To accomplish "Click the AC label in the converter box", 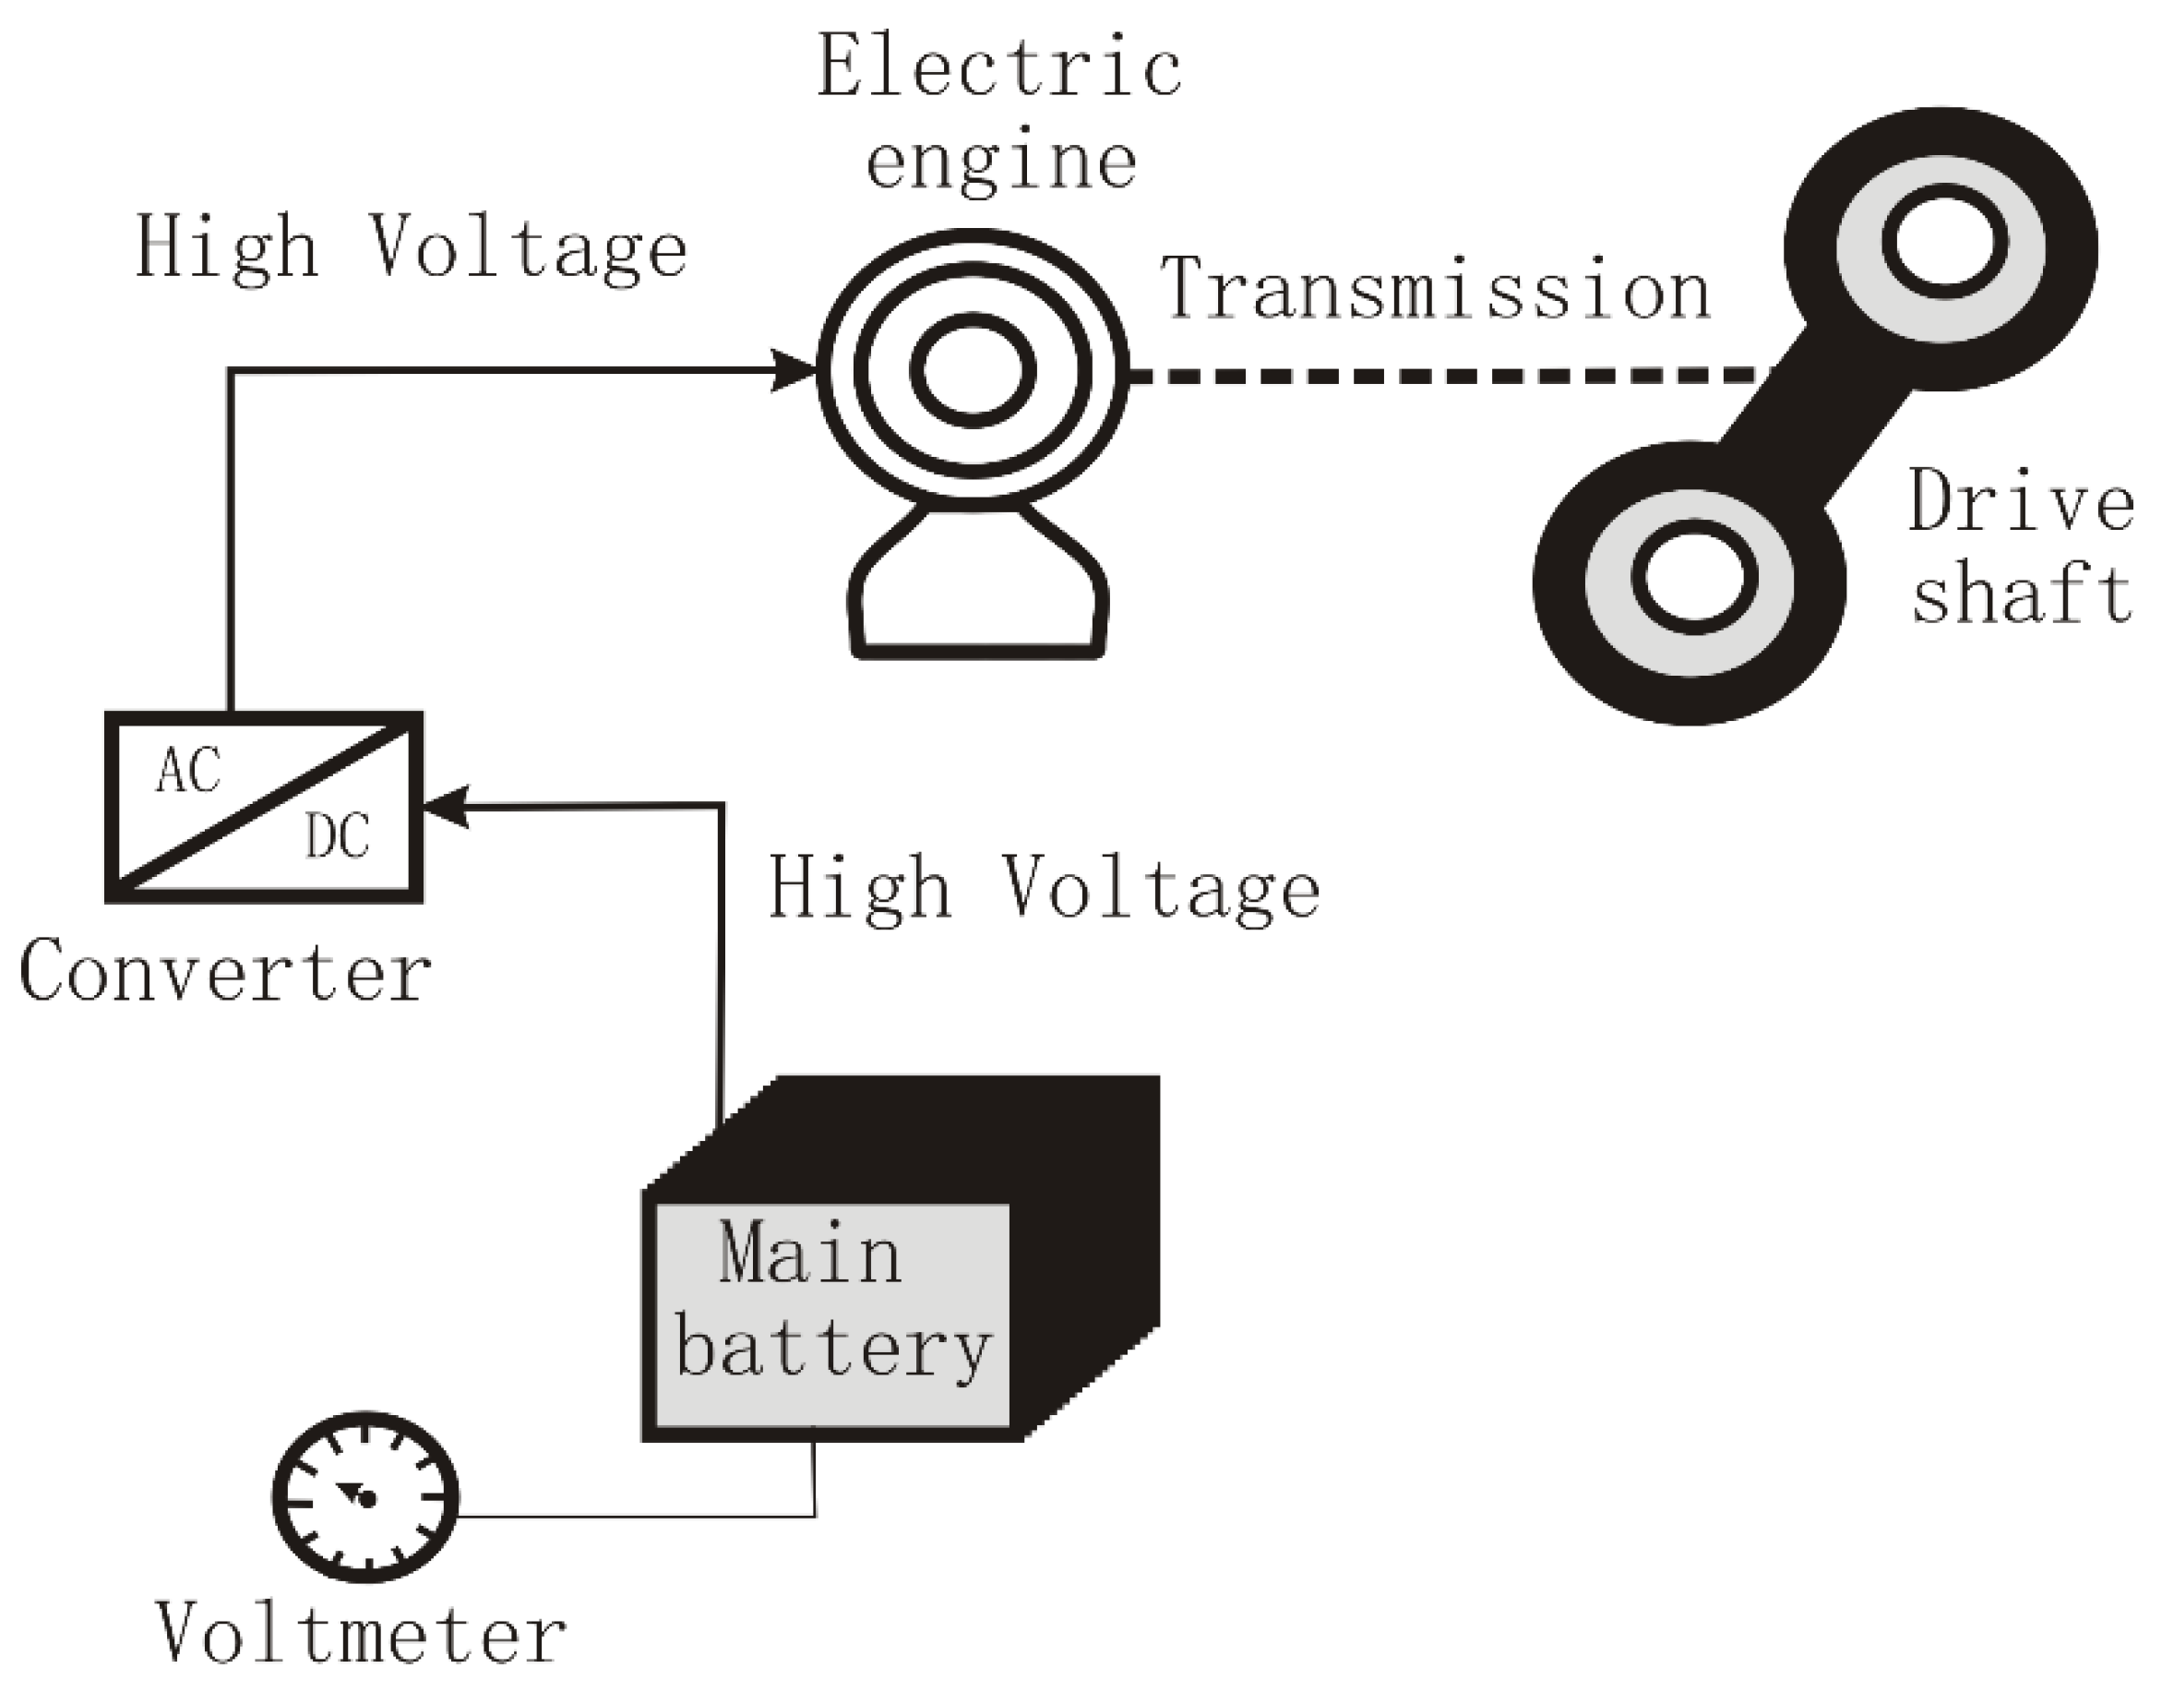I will click(188, 772).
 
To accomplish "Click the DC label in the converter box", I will click(337, 837).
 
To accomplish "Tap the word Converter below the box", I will click(225, 974).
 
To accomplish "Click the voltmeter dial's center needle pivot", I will click(366, 1500).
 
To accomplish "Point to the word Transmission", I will click(1436, 289).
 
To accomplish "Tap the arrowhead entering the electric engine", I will click(796, 370).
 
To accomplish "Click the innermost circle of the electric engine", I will click(973, 370).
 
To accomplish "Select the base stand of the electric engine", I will click(978, 594).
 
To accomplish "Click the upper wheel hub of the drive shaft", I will click(1943, 245).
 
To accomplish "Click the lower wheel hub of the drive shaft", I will click(1693, 578).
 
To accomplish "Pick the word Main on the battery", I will click(810, 1254).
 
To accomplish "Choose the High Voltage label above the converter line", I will click(411, 247).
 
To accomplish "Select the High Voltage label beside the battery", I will click(1044, 889).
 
